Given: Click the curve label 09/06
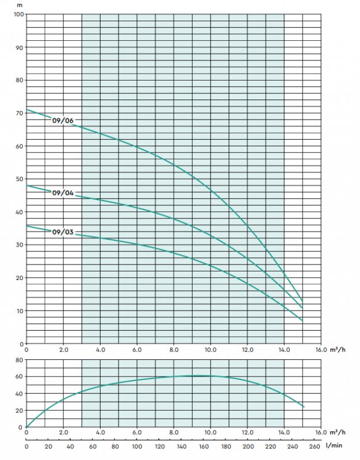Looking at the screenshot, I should click(64, 121).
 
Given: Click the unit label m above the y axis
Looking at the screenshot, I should click(20, 5).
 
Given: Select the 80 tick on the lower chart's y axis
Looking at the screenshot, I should click(18, 360).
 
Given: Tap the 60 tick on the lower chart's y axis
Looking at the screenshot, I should click(18, 377).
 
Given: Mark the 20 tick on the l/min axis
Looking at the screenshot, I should click(48, 446).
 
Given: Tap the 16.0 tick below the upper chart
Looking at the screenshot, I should click(320, 349).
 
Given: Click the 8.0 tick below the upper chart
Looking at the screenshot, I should click(174, 349).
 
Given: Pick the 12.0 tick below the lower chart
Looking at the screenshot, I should click(247, 433).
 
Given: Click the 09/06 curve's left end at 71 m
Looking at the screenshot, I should click(27, 110).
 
